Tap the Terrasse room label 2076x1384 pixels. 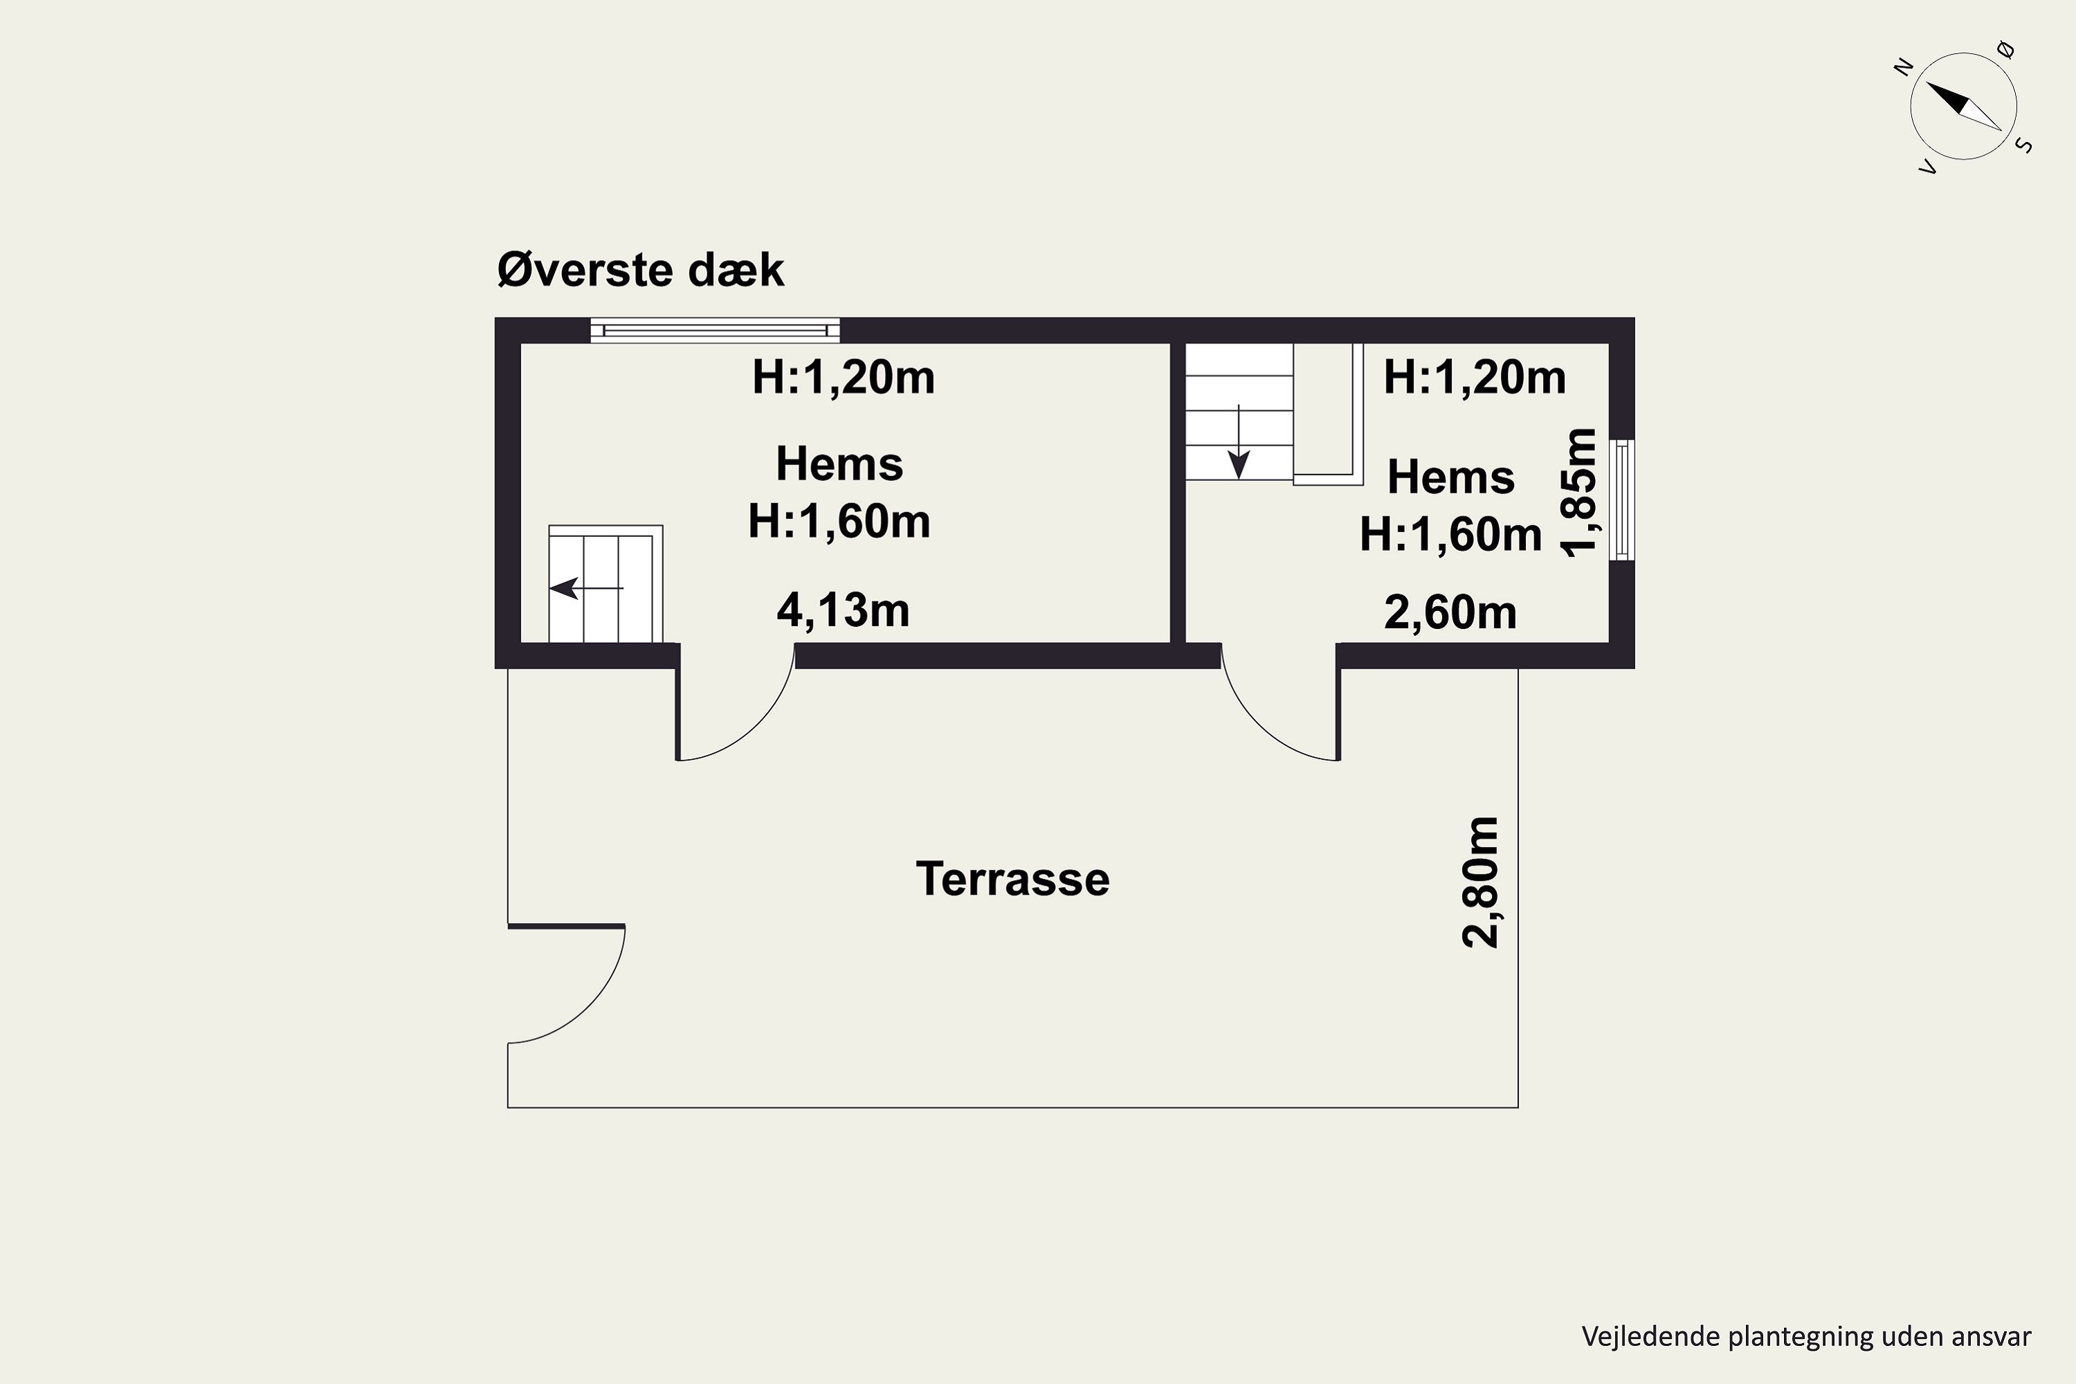pos(1012,879)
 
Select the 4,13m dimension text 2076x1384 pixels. pos(843,611)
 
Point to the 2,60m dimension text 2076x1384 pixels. pos(1450,612)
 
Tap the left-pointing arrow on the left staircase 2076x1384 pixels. pos(586,587)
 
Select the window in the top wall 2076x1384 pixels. pos(715,330)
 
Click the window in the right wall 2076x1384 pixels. pos(1622,500)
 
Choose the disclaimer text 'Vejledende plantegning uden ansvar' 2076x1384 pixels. pos(1807,1336)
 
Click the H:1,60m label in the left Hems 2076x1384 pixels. pos(839,521)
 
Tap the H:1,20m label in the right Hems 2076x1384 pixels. pos(1475,377)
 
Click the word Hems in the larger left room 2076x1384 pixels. pos(839,464)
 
